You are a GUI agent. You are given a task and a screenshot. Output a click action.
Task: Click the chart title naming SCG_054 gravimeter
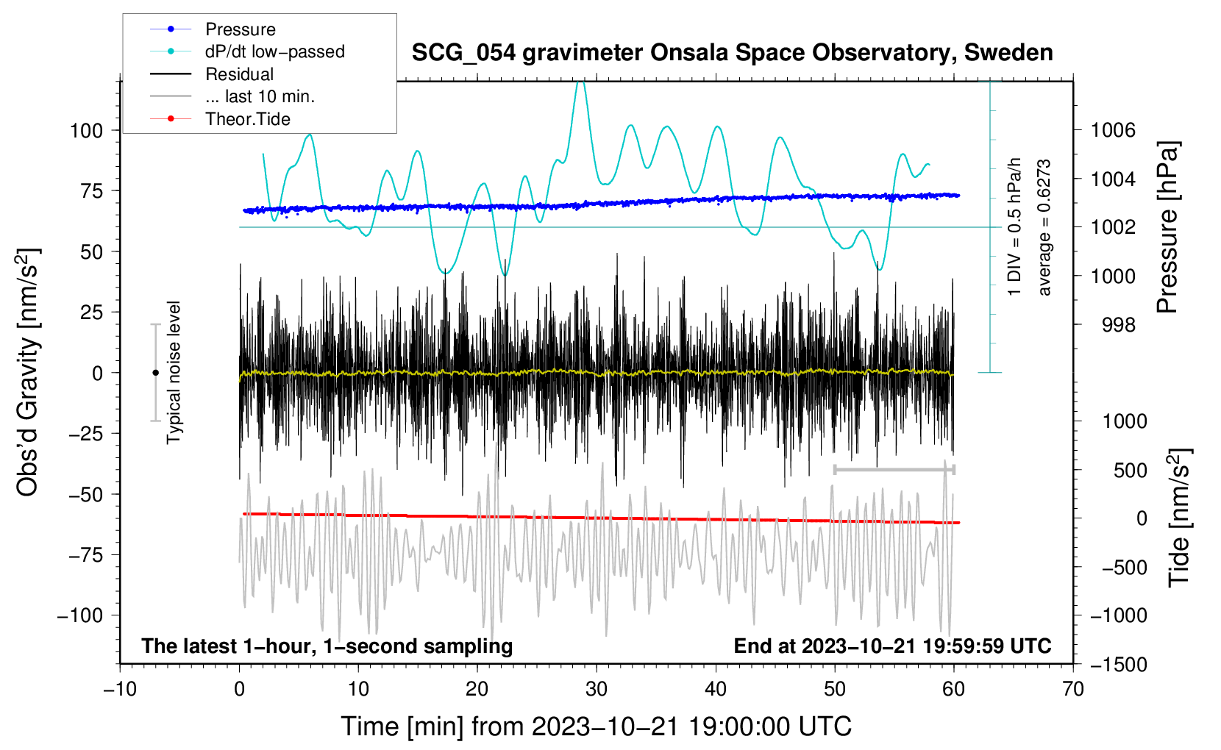tap(732, 53)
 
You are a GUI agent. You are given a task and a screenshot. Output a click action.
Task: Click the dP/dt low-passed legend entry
tap(274, 51)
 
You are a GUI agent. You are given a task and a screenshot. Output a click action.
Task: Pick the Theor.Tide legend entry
tap(247, 119)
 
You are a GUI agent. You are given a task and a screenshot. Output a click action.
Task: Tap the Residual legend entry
tap(239, 74)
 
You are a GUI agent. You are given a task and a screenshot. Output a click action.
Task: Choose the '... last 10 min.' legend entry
tap(260, 96)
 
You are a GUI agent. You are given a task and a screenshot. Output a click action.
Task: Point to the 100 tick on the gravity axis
tap(86, 131)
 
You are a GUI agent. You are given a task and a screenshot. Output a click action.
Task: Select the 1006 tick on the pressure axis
tap(1112, 131)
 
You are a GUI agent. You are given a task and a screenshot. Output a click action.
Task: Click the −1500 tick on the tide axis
tap(1118, 665)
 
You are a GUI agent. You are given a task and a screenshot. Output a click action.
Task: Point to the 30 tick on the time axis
tap(597, 690)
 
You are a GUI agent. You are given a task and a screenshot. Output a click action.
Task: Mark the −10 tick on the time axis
tap(120, 690)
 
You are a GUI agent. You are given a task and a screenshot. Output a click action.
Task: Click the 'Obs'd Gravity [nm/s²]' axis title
tap(28, 372)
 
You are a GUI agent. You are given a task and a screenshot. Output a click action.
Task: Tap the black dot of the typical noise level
tap(155, 373)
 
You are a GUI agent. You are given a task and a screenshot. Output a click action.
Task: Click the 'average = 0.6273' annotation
tap(1044, 228)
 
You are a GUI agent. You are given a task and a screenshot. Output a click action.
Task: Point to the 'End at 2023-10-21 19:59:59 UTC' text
tap(892, 646)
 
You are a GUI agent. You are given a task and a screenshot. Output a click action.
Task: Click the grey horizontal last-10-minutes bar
tap(894, 469)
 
